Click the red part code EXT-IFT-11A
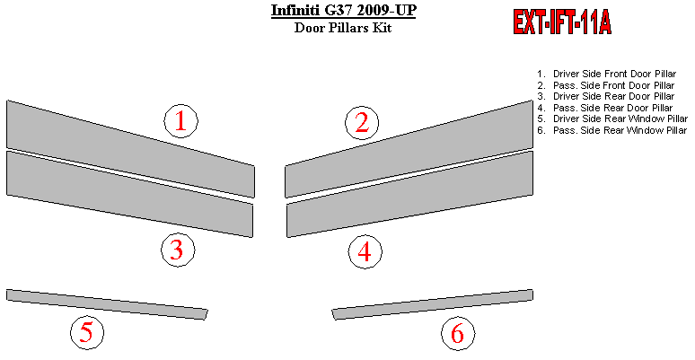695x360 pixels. [x=562, y=22]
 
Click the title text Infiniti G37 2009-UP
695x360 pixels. [x=344, y=10]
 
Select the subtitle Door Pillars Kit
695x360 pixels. [x=343, y=28]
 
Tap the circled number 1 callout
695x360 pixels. [x=180, y=121]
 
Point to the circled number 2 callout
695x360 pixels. [x=362, y=123]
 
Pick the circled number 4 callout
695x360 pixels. [x=365, y=252]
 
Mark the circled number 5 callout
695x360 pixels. [x=87, y=332]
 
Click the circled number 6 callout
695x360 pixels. [x=458, y=333]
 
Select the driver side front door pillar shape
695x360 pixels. [x=130, y=148]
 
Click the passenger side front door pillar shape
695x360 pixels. [x=409, y=148]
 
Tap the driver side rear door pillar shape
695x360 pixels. [x=129, y=194]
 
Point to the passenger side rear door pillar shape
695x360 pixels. [x=410, y=194]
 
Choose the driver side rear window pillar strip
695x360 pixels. [x=107, y=304]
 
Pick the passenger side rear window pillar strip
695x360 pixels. [x=433, y=304]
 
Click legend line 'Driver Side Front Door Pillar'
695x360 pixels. [x=606, y=74]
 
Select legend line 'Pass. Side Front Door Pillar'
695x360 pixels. [x=605, y=85]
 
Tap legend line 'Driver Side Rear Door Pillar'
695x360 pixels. [x=605, y=96]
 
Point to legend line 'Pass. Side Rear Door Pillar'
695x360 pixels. [x=604, y=108]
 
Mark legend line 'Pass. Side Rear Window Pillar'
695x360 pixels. [x=611, y=130]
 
